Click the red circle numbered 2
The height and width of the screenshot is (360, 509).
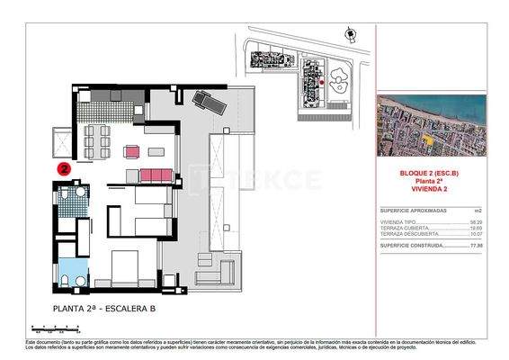pos(64,167)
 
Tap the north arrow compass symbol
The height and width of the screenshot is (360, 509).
pos(349,33)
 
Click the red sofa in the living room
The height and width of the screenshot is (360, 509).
pos(156,173)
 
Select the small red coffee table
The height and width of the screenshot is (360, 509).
pos(133,150)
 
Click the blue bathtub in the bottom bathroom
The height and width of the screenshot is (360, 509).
pos(68,272)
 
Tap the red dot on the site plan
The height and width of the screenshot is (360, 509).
pos(321,82)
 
